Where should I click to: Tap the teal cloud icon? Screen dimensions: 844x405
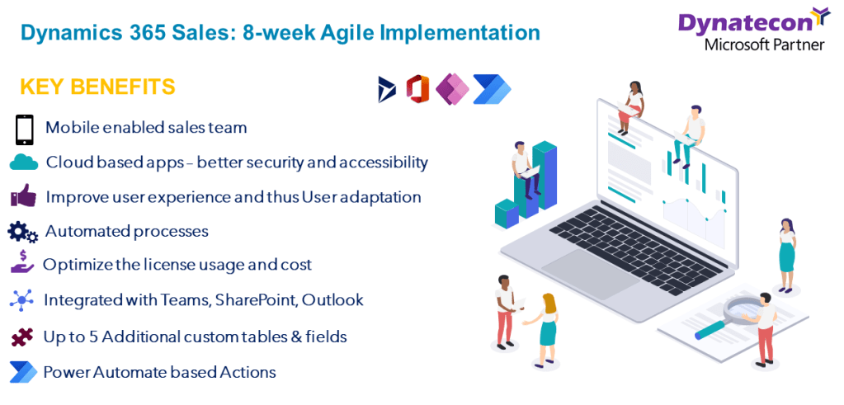coord(24,162)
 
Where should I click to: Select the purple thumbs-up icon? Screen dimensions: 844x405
coord(23,195)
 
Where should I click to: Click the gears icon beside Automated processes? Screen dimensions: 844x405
coord(22,232)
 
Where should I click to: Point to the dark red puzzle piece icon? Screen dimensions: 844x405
coord(22,337)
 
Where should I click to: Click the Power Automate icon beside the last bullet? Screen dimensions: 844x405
coord(23,372)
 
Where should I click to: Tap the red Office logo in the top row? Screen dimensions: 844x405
coord(417,89)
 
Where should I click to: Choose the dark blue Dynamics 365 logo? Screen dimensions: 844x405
coord(386,89)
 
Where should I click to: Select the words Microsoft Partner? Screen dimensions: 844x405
coord(764,45)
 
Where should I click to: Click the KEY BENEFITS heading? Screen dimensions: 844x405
coord(97,87)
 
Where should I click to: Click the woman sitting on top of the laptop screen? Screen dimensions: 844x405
coord(630,107)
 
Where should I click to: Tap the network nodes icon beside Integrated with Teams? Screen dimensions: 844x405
coord(22,299)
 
